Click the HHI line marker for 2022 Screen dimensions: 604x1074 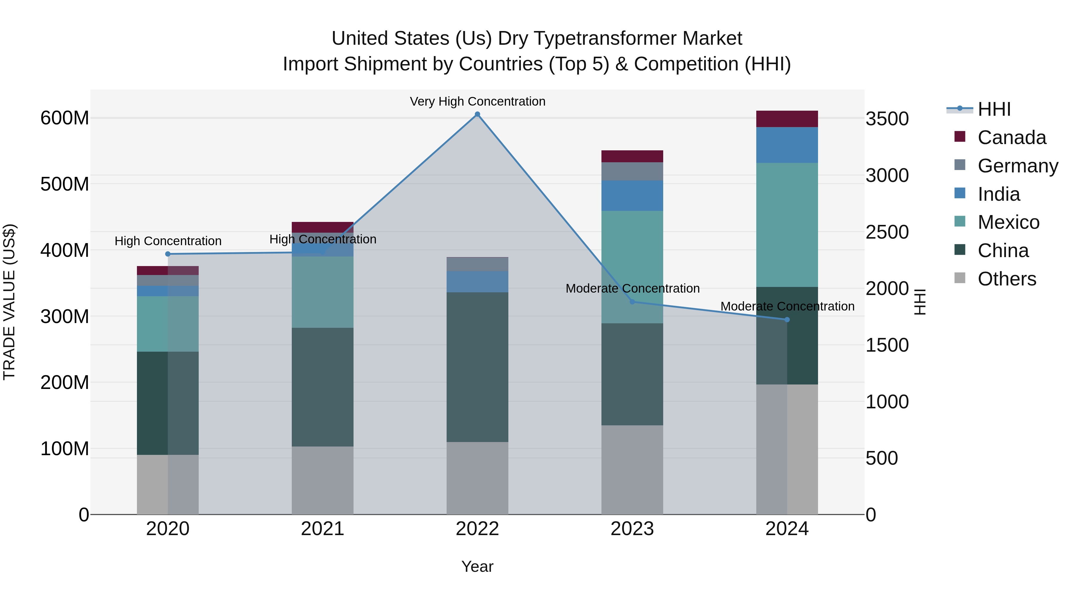click(x=477, y=114)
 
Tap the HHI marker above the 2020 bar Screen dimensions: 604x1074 click(x=168, y=254)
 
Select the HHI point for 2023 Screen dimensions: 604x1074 click(x=632, y=301)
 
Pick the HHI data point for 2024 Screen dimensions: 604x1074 click(x=787, y=320)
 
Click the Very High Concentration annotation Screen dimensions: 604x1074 click(x=477, y=101)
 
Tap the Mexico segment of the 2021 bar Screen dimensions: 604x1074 click(x=322, y=292)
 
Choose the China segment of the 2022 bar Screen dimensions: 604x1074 click(x=477, y=367)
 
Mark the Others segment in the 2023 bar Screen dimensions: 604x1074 click(x=632, y=470)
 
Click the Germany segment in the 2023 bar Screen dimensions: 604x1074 click(x=632, y=171)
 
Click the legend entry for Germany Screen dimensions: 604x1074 click(x=1017, y=166)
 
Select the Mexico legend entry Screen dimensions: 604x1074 click(x=1008, y=222)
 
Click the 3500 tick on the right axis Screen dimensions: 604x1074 click(x=887, y=119)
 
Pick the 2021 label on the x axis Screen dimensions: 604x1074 click(x=322, y=529)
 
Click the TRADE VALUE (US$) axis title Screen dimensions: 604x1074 click(x=9, y=302)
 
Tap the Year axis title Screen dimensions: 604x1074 click(x=477, y=566)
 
